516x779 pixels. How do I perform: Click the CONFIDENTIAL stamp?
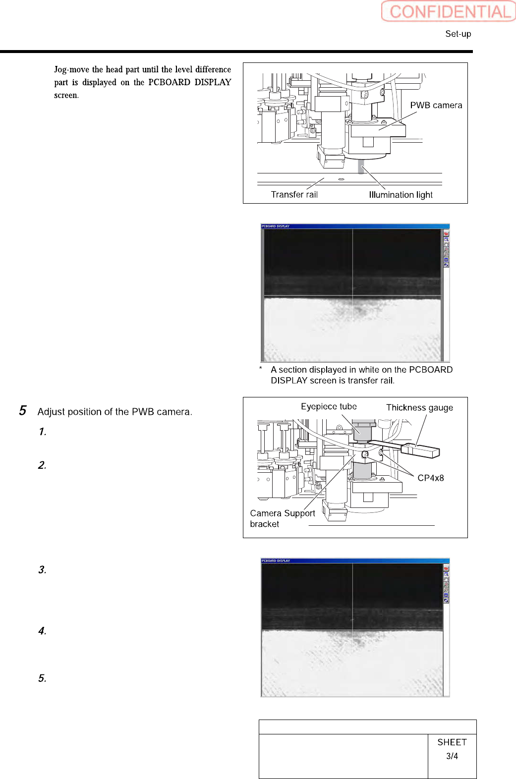coord(448,11)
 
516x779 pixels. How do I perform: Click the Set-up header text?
coord(458,34)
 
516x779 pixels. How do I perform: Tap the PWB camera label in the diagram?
coord(436,105)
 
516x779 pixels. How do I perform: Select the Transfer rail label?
coord(294,194)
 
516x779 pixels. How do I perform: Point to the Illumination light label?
coord(401,195)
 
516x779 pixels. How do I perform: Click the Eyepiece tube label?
coord(329,406)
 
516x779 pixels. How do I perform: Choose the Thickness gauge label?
coord(419,407)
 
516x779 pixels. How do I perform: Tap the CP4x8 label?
coord(430,478)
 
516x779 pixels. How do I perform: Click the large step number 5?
coord(23,410)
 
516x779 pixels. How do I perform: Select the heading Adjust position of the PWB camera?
coord(115,412)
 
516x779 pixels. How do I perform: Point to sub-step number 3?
coord(43,570)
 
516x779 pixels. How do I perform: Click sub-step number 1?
coord(43,432)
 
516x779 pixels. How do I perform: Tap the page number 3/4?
coord(452,756)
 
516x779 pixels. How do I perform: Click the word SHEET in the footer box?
coord(452,742)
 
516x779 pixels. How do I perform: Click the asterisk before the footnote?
coord(260,369)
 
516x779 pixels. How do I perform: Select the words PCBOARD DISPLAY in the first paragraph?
coord(190,82)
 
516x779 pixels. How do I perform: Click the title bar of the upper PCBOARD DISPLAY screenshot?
coord(355,226)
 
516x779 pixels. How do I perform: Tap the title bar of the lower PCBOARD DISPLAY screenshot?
coord(355,560)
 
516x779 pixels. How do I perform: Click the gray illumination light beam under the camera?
coord(361,166)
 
